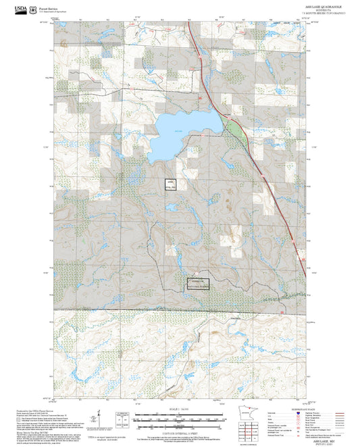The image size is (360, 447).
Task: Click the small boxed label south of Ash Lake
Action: click(171, 184)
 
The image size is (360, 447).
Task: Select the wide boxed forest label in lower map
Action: click(198, 284)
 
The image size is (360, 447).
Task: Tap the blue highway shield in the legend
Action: click(298, 413)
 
